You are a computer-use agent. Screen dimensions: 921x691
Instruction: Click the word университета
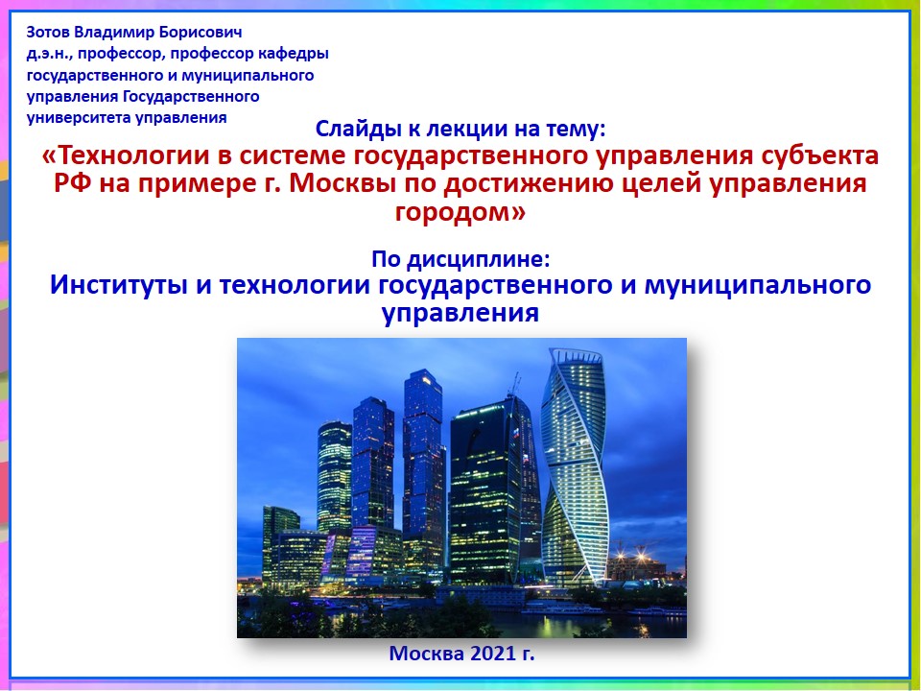click(x=79, y=117)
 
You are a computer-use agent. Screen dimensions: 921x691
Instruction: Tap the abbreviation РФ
click(x=74, y=183)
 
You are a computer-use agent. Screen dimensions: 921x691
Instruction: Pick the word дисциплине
click(x=479, y=258)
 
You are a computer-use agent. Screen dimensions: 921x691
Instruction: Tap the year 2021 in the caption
click(x=484, y=654)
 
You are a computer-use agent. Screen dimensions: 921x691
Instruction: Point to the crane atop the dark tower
click(x=515, y=385)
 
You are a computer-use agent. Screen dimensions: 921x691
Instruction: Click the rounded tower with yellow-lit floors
click(x=334, y=477)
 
